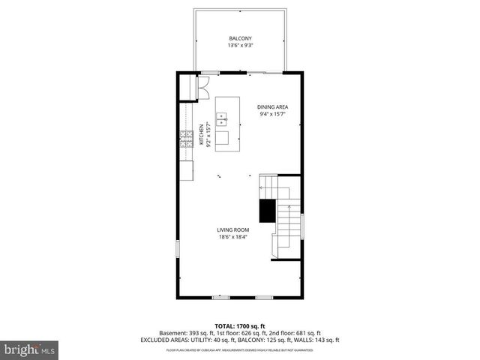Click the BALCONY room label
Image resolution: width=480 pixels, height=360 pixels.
point(240,38)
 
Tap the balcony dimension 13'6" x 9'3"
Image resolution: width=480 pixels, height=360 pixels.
point(240,46)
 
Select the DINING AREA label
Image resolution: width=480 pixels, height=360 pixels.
point(272,106)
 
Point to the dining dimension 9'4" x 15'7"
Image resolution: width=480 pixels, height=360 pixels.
point(272,115)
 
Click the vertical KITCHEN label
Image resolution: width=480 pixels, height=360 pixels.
point(201,134)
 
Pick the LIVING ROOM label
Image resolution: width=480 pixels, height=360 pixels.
point(232,229)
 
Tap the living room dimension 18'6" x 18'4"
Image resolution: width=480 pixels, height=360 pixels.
point(232,238)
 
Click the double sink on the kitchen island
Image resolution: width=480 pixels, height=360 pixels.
point(223,118)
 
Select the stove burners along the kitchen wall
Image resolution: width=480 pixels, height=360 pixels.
point(185,139)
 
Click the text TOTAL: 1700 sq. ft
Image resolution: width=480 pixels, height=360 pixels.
point(240,326)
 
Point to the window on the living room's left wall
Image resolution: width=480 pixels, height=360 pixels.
point(178,249)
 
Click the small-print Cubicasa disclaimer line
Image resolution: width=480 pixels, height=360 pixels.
point(240,349)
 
